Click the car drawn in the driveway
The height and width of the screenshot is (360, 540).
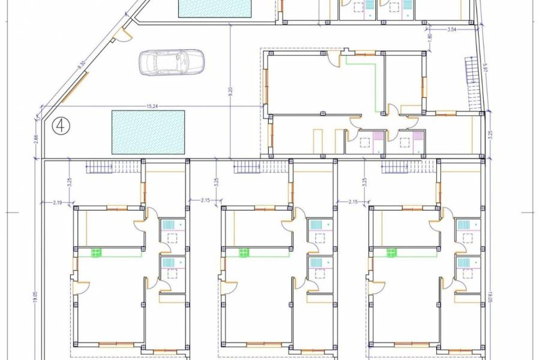click(172, 62)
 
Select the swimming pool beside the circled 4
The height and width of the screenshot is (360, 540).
click(148, 131)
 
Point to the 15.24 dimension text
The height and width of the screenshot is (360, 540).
click(154, 107)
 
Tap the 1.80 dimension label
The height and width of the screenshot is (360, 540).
click(430, 37)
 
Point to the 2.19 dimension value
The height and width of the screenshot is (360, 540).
click(58, 203)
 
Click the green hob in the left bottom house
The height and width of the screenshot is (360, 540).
click(96, 253)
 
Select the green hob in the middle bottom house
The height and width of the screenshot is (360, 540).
click(244, 253)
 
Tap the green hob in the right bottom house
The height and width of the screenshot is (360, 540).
click(392, 253)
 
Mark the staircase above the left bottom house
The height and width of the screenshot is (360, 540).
click(104, 166)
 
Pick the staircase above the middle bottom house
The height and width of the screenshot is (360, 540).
click(251, 166)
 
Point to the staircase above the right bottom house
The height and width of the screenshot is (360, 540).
click(398, 166)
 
